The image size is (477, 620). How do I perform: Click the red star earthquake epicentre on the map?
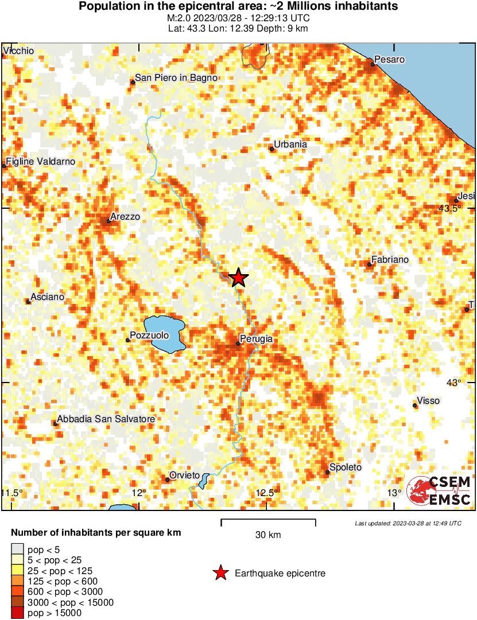[x=238, y=278]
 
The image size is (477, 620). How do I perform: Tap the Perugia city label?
[x=257, y=339]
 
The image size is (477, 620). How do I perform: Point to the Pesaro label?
[x=390, y=59]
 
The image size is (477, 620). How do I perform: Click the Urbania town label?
[x=290, y=145]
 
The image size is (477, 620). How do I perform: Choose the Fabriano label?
[x=390, y=260]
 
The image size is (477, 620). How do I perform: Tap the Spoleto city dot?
[x=328, y=472]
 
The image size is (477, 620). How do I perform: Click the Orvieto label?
[x=185, y=475]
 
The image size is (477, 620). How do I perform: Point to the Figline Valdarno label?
[x=41, y=162]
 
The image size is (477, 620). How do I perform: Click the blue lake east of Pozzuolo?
[x=165, y=333]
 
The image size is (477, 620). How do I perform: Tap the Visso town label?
[x=429, y=401]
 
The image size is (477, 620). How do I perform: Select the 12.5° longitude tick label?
[x=267, y=493]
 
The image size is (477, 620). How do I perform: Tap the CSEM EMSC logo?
[x=439, y=491]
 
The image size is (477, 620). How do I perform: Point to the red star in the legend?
[x=220, y=573]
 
